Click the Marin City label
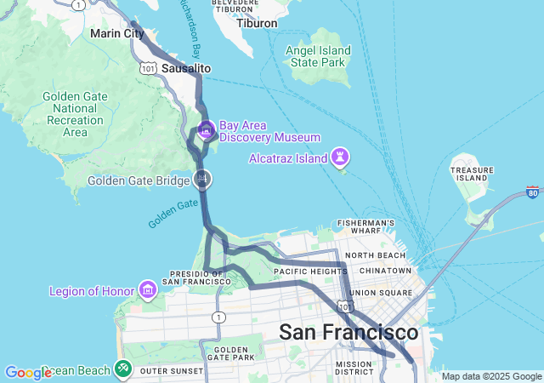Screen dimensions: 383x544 (x=116, y=34)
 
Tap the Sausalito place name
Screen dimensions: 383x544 (x=185, y=68)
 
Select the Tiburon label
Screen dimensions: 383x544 (x=257, y=23)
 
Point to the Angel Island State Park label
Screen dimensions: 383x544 (x=319, y=56)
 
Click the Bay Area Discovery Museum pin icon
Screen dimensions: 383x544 (x=206, y=130)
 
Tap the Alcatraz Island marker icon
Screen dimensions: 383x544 (x=340, y=157)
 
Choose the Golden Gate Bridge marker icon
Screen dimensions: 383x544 (x=202, y=180)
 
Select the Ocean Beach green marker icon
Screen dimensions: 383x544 (x=124, y=369)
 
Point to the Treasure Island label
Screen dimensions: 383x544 (x=473, y=174)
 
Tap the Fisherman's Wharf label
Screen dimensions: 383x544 (x=365, y=227)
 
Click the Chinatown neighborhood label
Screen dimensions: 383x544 (x=386, y=270)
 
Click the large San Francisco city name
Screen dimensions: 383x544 (x=348, y=331)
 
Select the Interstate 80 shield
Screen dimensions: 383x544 (x=533, y=192)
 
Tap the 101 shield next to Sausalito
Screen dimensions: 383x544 (x=149, y=68)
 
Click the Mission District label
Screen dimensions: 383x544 (x=354, y=368)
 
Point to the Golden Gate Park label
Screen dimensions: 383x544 (x=230, y=353)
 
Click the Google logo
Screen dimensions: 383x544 (x=28, y=373)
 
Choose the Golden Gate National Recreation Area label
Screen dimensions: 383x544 (x=75, y=114)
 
